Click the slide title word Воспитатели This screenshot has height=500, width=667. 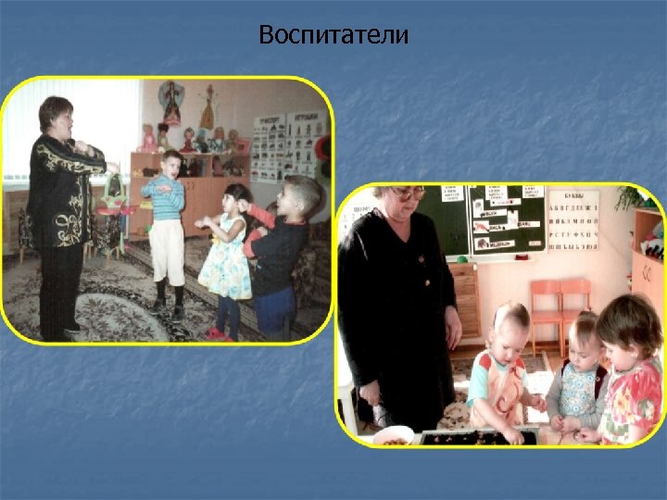click(333, 35)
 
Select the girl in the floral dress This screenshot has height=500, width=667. click(225, 250)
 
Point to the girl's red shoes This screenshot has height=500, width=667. click(217, 332)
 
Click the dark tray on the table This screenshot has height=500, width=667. click(477, 436)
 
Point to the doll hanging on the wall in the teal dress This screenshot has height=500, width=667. click(170, 103)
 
